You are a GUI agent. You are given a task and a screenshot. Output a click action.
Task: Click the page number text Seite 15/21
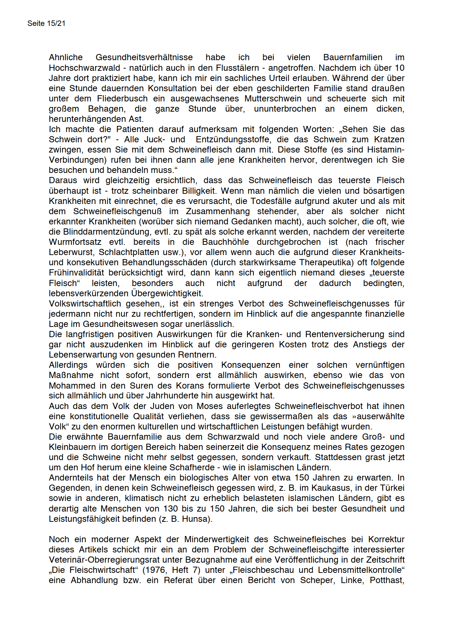click(46, 23)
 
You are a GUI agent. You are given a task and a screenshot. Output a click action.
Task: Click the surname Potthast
click(386, 580)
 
